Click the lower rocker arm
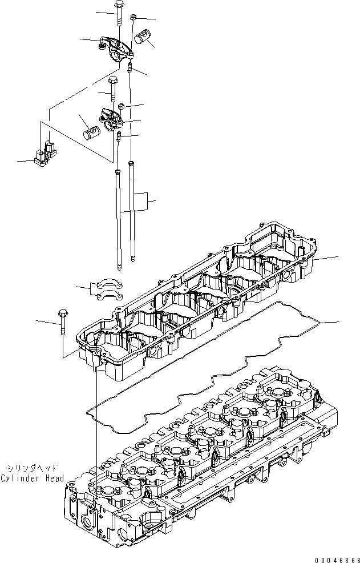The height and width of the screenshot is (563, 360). pos(111,119)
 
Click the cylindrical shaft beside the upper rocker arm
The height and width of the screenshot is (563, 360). pos(142,38)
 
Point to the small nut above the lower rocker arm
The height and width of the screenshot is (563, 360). pos(122,106)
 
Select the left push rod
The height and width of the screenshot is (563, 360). pos(118,220)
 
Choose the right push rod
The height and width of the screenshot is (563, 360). pos(132,211)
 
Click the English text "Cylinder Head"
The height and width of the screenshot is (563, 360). pos(33,478)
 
